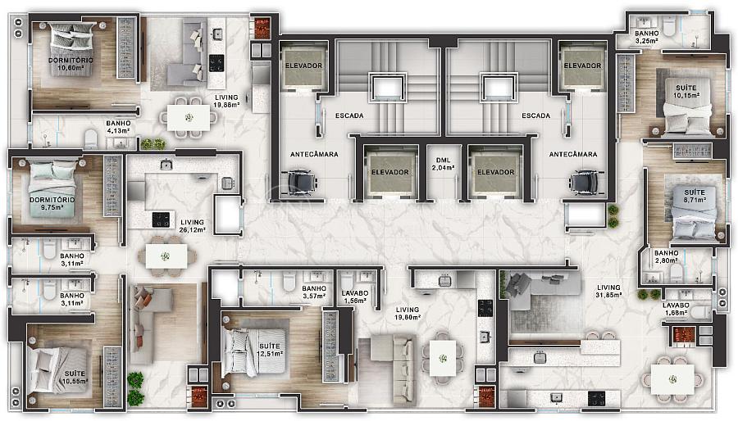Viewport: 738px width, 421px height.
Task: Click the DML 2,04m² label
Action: click(x=443, y=164)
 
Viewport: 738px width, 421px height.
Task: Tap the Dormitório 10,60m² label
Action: click(x=71, y=64)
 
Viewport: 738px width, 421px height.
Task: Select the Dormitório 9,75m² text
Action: click(x=52, y=203)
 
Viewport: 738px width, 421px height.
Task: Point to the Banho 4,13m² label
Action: click(x=118, y=127)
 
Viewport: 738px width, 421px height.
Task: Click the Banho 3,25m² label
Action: click(x=647, y=37)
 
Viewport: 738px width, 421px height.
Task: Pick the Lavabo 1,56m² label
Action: click(x=355, y=297)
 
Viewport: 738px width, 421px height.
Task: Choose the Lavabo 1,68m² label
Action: click(x=676, y=309)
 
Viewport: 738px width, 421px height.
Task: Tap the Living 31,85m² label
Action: click(x=608, y=291)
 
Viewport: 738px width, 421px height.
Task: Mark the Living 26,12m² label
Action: click(x=193, y=226)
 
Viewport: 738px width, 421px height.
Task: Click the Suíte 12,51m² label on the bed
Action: click(x=270, y=350)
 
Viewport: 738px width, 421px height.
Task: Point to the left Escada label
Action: click(x=349, y=115)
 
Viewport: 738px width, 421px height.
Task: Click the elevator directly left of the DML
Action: click(x=390, y=171)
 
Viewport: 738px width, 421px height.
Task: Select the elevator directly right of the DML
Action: click(x=495, y=171)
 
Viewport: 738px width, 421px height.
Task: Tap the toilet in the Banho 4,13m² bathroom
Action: click(x=91, y=139)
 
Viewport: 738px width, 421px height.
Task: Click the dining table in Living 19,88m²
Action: click(x=189, y=117)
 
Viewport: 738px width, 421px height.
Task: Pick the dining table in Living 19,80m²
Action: click(x=443, y=358)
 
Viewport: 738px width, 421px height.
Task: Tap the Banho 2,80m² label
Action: click(x=667, y=256)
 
